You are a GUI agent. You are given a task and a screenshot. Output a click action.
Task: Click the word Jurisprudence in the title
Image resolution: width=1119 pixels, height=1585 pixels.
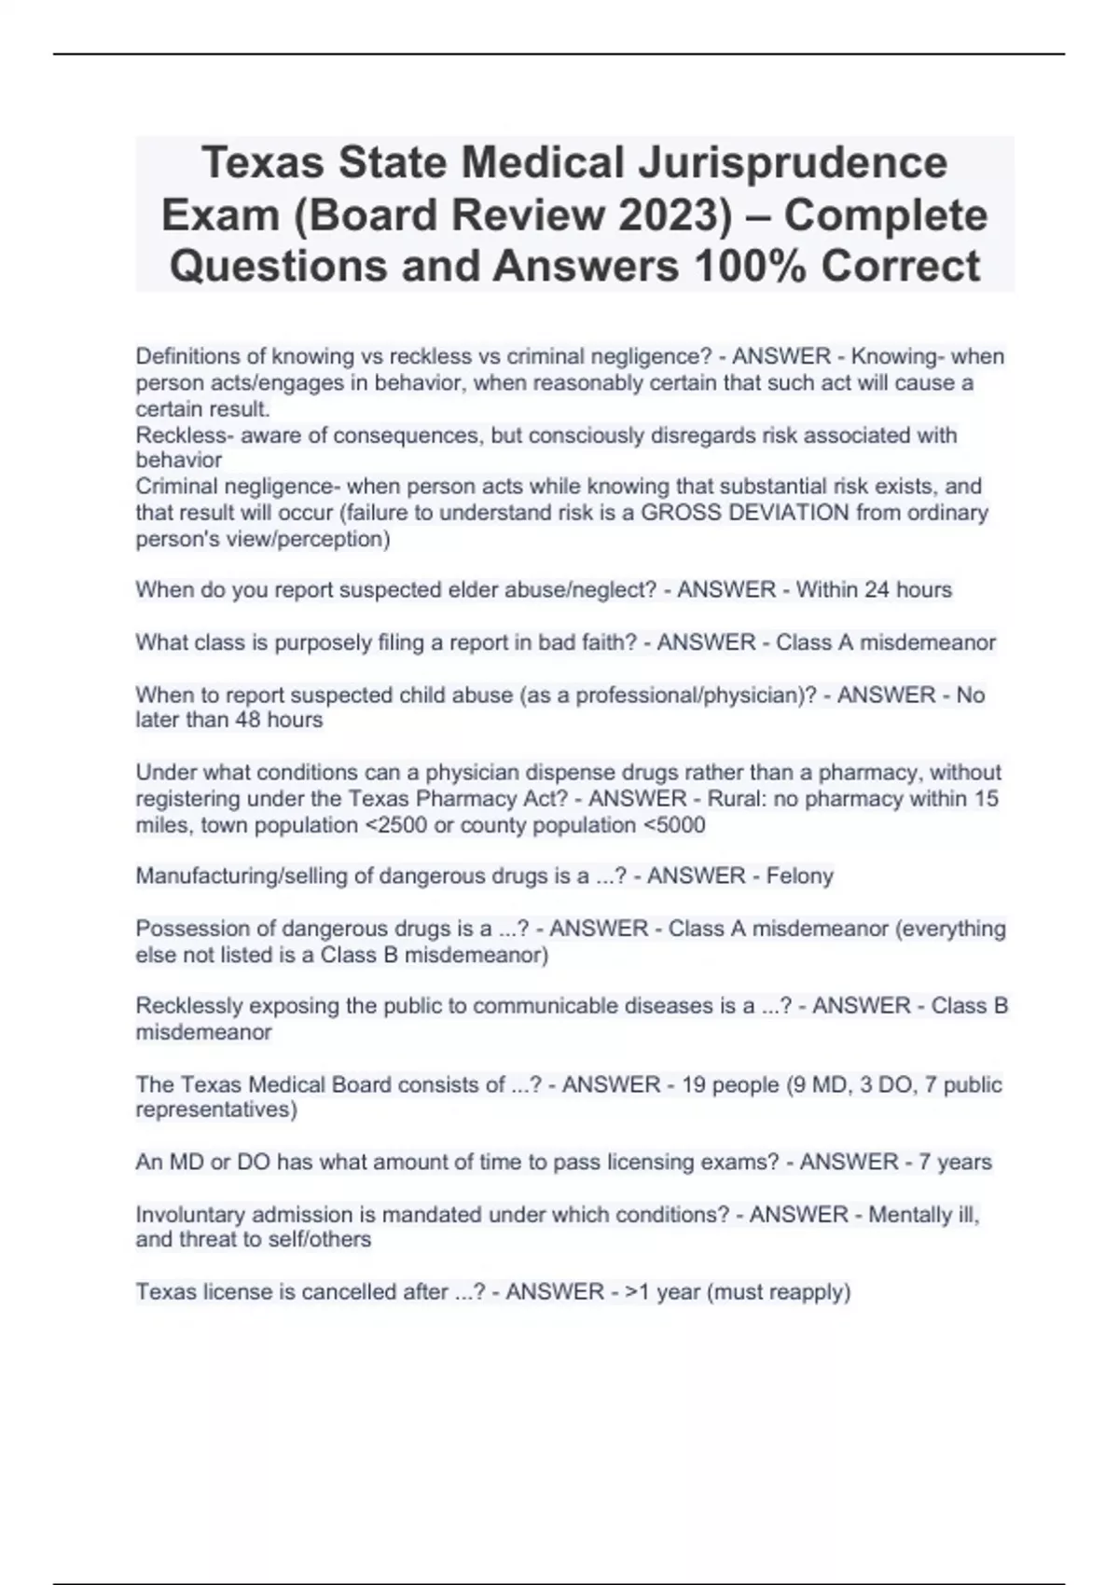(x=793, y=162)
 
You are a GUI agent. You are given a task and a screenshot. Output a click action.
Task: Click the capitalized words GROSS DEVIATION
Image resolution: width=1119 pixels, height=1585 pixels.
(x=745, y=513)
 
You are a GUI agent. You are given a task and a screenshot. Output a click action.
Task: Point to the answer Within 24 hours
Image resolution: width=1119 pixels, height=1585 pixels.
(x=874, y=590)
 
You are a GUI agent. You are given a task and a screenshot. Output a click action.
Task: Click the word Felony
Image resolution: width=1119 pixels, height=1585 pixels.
(x=799, y=876)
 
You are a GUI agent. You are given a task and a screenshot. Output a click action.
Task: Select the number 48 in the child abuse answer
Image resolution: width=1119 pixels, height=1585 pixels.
(x=248, y=721)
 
